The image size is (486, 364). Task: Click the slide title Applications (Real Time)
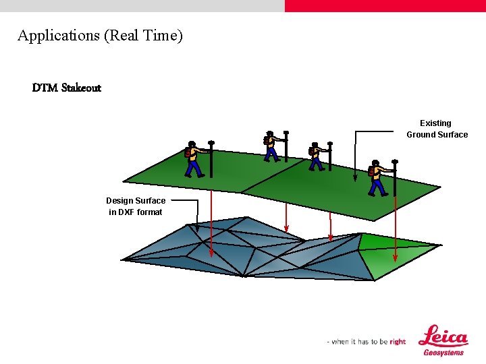pos(100,36)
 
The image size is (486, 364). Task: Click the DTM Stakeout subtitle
pos(67,88)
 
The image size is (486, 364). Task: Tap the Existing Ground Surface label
pos(437,129)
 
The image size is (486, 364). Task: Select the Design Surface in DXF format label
pos(136,206)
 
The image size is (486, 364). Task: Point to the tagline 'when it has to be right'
pos(367,342)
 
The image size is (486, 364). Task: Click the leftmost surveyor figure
pos(194,160)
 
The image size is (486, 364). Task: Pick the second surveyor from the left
pos(271,146)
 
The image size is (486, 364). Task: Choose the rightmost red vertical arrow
pos(395,229)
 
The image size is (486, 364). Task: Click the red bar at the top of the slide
pos(385,5)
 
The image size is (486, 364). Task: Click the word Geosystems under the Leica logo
pos(443,353)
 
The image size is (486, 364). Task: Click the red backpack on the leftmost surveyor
pos(188,152)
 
